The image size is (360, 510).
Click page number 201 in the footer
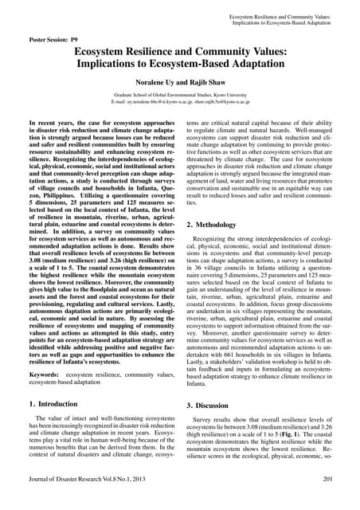325,500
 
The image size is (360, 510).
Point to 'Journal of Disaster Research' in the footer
68,500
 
